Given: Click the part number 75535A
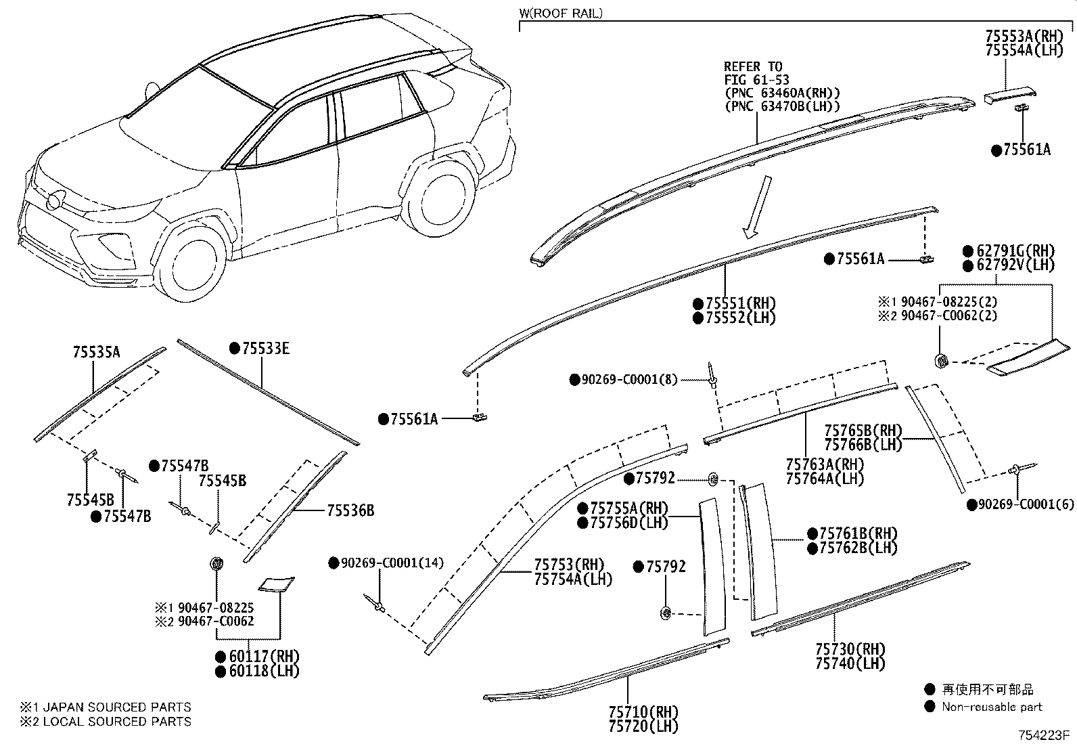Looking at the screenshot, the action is pos(97,352).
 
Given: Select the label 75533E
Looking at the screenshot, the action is pos(266,349).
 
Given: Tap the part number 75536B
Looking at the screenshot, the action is pos(350,510).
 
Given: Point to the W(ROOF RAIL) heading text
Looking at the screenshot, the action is pos(561,13).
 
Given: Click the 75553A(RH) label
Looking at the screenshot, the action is pos(1023,37).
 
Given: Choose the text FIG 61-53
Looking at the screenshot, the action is pos(757,80).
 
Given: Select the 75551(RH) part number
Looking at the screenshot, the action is pos(741,304).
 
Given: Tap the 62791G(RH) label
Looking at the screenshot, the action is pos(1015,250).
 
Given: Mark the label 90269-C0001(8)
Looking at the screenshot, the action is pos(629,380).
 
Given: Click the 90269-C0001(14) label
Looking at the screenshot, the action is pos(392,563).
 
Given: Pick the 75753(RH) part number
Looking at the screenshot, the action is pos(569,565).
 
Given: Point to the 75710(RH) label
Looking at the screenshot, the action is pos(643,712).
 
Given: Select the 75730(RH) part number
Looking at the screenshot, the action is pos(850,649).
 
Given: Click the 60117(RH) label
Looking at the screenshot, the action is pos(264,657).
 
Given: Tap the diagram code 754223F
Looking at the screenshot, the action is pos(1042,735).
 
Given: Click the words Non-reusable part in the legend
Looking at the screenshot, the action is pos(992,707).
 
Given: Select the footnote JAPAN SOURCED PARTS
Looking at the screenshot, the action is pos(117,707).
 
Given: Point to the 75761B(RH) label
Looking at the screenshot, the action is pos(858,533).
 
